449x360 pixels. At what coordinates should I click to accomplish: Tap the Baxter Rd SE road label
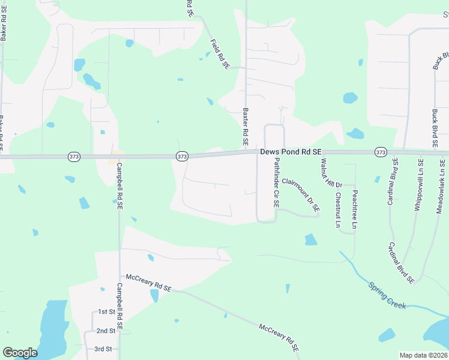click(245, 127)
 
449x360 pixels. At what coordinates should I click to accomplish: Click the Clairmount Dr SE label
click(301, 195)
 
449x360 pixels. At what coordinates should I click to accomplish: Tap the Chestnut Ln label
click(338, 210)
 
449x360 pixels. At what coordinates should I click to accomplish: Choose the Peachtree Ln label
click(355, 209)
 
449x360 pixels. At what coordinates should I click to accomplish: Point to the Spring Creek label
click(387, 295)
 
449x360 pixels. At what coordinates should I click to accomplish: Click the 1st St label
click(106, 312)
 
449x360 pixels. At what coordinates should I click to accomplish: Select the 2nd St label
click(106, 331)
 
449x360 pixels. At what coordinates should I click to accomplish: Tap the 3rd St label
click(103, 349)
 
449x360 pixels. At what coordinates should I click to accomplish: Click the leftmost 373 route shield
click(74, 156)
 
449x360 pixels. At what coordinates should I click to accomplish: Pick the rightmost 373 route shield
click(380, 152)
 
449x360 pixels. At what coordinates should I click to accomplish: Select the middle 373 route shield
click(182, 156)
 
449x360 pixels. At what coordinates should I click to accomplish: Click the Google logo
click(20, 353)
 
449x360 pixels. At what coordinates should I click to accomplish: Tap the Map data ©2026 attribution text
click(423, 355)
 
